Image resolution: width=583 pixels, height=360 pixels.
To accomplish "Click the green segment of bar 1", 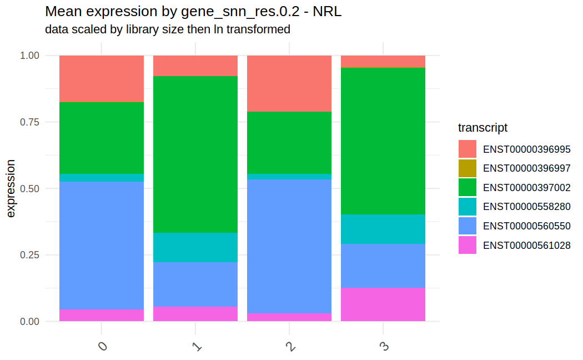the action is point(195,154).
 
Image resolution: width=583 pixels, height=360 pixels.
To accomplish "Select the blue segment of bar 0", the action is point(102,246).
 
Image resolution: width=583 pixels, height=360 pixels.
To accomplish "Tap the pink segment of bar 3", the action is point(383,304).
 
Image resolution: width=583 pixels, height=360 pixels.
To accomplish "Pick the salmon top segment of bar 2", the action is point(289,84).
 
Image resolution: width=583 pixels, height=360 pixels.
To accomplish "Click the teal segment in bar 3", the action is point(383,229).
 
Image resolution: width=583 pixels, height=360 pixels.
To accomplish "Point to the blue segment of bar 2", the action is point(289,247).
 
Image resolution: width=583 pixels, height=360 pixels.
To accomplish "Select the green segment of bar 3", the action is point(383,141).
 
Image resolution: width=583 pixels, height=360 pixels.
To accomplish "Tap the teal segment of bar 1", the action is point(195,248).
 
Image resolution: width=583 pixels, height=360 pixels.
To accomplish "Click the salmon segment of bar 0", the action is point(102,79).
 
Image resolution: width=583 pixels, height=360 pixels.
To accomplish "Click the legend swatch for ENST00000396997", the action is point(468,168).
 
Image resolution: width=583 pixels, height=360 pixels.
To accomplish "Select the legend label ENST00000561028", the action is point(526,246).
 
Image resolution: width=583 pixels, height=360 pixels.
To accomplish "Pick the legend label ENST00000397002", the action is point(526,187).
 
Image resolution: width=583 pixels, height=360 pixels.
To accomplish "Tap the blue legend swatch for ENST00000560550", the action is point(468,226).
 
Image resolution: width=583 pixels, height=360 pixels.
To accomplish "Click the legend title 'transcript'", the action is point(483,128).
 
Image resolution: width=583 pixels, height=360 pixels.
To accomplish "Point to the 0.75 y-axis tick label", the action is point(29,122).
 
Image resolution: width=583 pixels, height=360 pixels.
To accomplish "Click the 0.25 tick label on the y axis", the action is point(29,255).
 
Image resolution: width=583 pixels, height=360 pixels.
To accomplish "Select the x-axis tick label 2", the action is point(290,347).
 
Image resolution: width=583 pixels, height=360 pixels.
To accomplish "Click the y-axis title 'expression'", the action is point(11,188).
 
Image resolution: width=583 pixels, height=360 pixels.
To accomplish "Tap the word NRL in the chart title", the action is point(327,12).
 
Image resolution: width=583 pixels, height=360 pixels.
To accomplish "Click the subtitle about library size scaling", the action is point(168,29).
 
